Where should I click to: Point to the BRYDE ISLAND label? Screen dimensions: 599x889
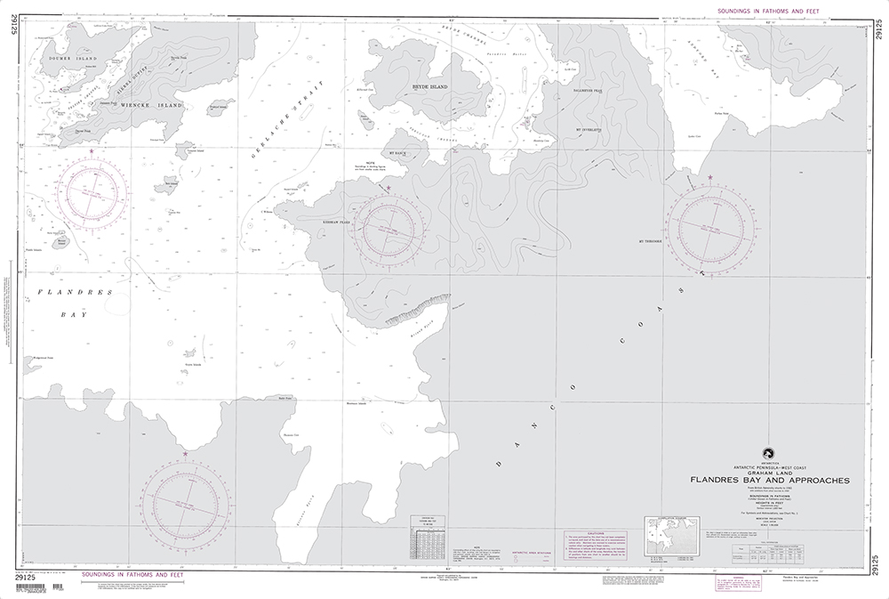tap(429, 87)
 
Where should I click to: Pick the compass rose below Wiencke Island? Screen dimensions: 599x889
tap(94, 191)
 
